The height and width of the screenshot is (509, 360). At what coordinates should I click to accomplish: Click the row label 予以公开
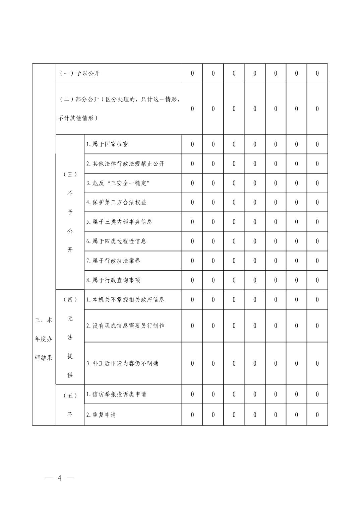(79, 73)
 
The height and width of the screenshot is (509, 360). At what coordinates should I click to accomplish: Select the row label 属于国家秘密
(107, 144)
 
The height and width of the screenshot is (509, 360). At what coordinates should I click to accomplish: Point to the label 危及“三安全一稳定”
(118, 183)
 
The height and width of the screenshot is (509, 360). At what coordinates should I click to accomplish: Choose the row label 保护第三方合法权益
(116, 202)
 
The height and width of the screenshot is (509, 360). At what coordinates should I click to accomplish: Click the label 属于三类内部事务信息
(119, 222)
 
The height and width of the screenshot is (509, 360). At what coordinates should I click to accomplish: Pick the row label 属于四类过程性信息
(116, 241)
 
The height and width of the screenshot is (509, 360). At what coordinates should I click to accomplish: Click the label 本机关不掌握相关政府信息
(125, 299)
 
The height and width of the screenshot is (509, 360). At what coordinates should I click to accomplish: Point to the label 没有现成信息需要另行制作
(125, 325)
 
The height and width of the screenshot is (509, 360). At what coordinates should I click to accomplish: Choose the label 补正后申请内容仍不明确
(122, 363)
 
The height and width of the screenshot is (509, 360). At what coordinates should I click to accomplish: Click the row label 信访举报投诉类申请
(116, 394)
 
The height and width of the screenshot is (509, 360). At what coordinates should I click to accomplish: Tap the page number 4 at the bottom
(60, 478)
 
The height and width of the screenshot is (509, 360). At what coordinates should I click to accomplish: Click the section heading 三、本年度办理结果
(44, 339)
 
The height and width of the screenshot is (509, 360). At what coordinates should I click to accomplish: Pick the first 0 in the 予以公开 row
(192, 73)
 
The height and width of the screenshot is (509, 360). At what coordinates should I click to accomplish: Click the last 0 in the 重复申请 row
(317, 415)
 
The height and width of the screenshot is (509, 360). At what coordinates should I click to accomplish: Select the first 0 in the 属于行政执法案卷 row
(192, 261)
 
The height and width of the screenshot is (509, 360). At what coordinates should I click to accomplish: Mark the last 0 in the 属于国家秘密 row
(317, 144)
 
